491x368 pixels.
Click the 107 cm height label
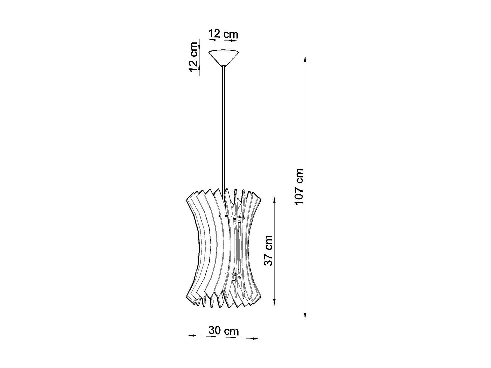click(299, 187)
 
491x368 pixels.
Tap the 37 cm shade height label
click(268, 250)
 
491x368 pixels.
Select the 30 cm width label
click(224, 331)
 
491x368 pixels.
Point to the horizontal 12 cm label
click(223, 34)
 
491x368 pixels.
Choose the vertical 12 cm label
click(193, 57)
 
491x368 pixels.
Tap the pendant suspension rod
click(223, 127)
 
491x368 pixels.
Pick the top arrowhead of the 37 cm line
click(274, 200)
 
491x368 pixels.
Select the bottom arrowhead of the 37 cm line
click(274, 302)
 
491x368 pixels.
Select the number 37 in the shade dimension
click(268, 258)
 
